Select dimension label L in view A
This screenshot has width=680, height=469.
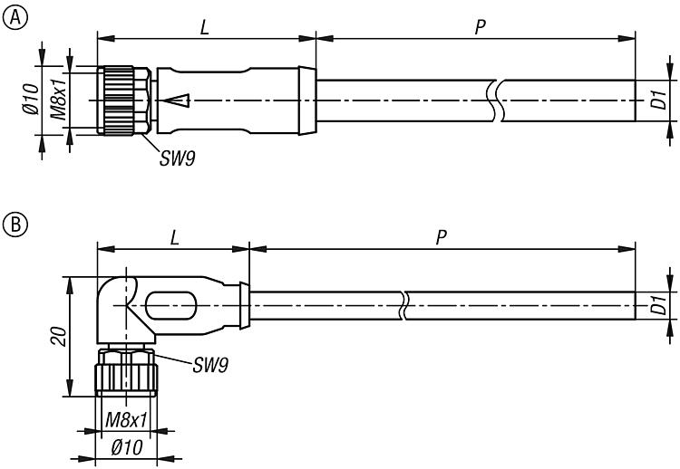coord(205,28)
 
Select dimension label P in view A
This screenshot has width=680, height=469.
coord(480,27)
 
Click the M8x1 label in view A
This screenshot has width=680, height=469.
coord(57,100)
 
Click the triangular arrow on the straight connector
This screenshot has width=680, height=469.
coord(179,100)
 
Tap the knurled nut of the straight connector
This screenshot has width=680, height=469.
coord(120,100)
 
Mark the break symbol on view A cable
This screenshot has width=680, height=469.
coord(492,100)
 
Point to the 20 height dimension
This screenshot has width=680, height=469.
coord(54,337)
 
